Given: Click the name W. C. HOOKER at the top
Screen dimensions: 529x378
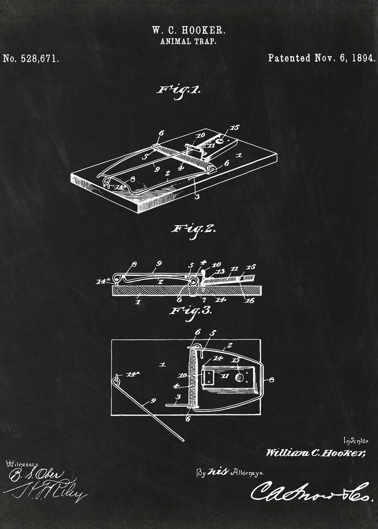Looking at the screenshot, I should [x=189, y=30].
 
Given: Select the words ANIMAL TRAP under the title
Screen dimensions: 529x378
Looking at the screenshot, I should [x=189, y=42].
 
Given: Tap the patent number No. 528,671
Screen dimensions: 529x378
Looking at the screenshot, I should [x=31, y=58].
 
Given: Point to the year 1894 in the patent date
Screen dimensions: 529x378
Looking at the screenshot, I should [x=363, y=58].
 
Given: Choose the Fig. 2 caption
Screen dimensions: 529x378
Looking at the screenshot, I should [x=193, y=230].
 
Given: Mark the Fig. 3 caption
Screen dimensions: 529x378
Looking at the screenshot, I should [x=191, y=310].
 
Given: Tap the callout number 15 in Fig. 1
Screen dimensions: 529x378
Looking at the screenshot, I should [x=235, y=128].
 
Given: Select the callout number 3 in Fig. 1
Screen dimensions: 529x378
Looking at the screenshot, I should [x=197, y=196].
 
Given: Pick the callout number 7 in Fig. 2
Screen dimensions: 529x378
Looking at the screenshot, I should [x=204, y=300].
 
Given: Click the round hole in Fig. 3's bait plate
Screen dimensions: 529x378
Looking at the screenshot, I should [x=239, y=377].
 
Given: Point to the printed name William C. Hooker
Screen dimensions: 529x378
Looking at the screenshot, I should [x=315, y=453].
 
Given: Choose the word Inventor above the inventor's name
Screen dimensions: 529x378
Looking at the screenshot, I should [x=356, y=440].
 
